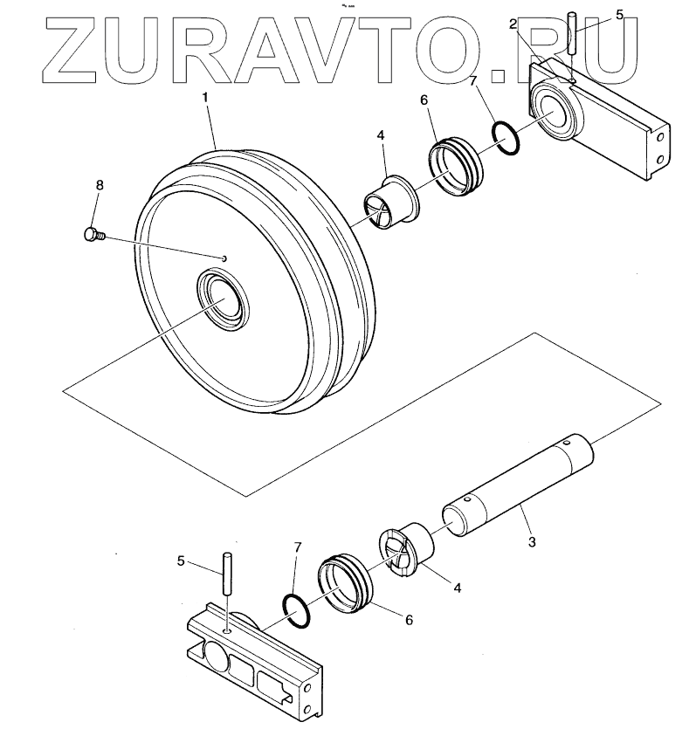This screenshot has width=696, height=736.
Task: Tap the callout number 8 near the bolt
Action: pos(100,186)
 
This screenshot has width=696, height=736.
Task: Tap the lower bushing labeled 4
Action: pos(408,550)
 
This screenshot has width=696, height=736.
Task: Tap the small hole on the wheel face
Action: pos(224,258)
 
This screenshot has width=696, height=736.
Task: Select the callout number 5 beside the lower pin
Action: pos(182,561)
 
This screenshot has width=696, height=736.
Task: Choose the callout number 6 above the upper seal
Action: pos(424,100)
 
